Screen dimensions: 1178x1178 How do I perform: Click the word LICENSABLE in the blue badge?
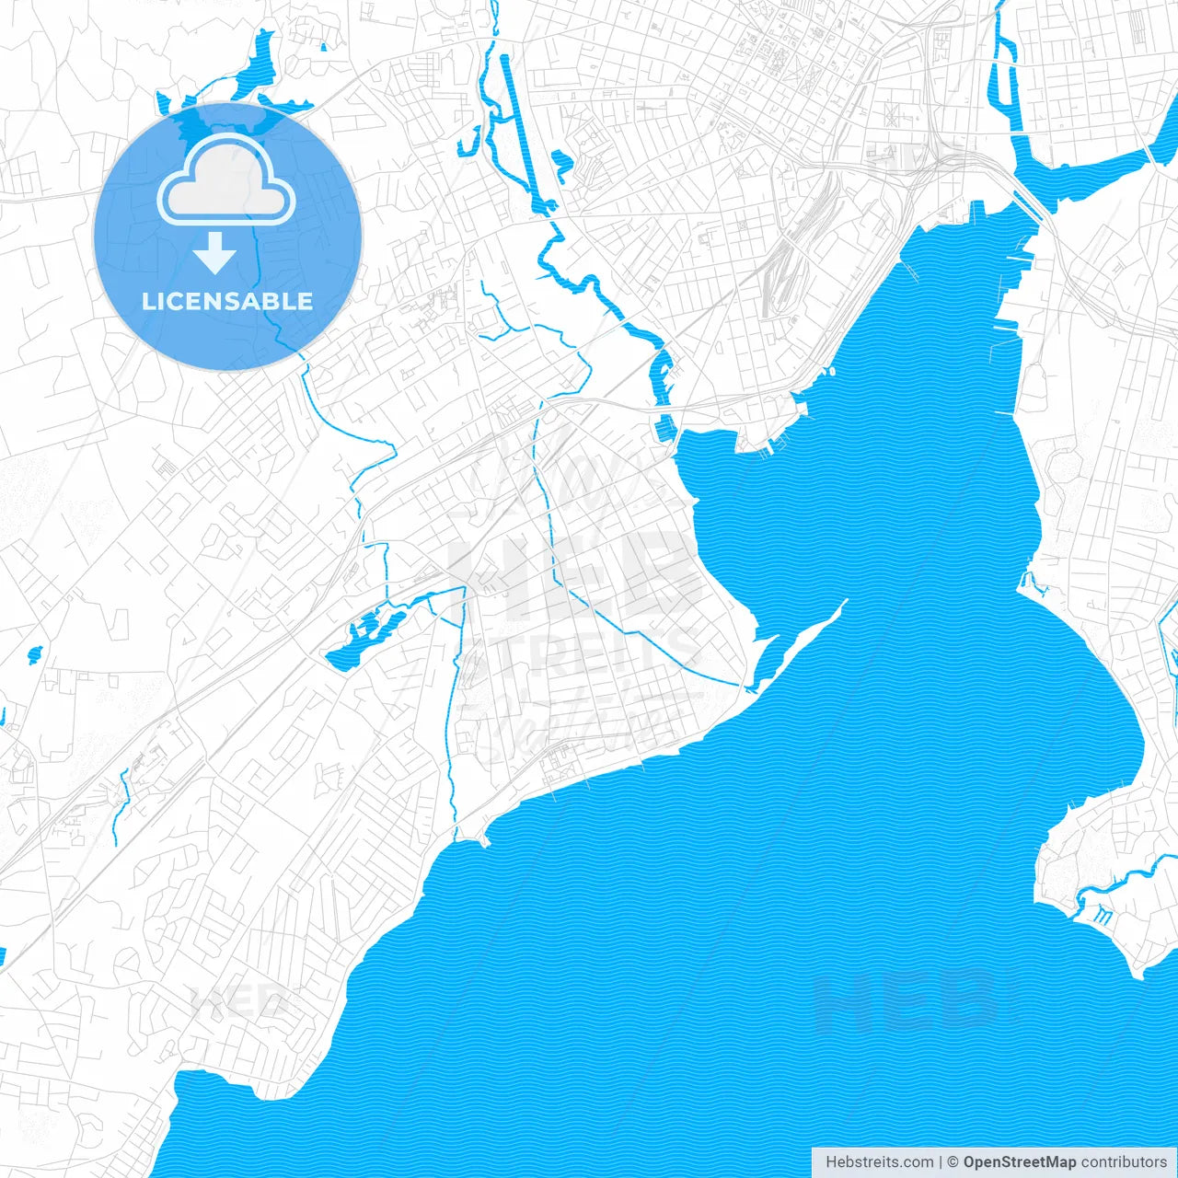(227, 301)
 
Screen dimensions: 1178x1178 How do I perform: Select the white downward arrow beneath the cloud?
(215, 252)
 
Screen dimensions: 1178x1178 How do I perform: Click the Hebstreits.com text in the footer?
(879, 1162)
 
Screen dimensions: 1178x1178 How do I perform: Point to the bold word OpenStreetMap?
(1019, 1162)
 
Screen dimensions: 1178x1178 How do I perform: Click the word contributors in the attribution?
(1124, 1162)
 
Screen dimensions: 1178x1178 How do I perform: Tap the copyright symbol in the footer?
(953, 1162)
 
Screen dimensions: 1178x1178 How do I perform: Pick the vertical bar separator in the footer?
(941, 1162)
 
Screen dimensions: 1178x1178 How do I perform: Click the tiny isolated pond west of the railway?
(35, 654)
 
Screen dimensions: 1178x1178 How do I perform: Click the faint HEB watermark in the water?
(907, 1003)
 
